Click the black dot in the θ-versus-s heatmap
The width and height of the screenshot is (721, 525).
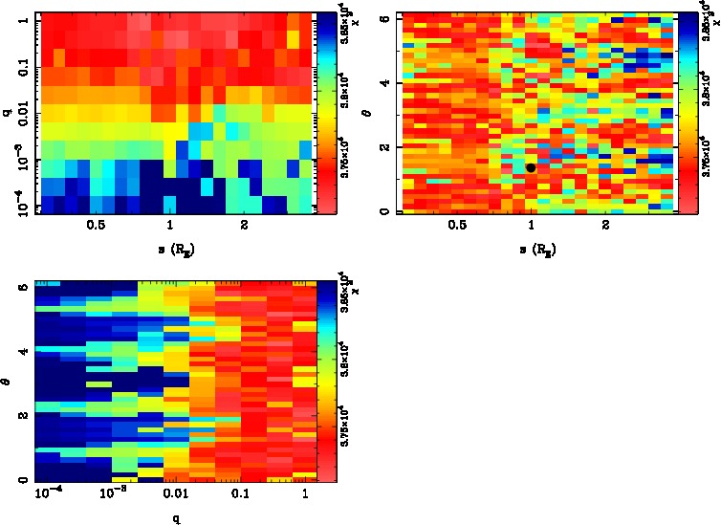click(x=530, y=167)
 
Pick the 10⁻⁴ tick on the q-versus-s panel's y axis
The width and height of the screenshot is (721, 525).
click(x=18, y=205)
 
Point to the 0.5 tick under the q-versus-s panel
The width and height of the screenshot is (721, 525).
click(x=96, y=227)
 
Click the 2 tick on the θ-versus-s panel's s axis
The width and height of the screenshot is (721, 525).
click(x=605, y=227)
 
